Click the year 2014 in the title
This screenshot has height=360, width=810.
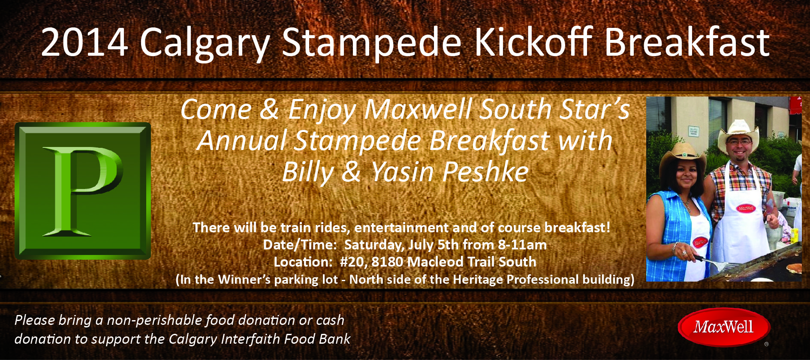84,42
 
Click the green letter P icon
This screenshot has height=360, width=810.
83,191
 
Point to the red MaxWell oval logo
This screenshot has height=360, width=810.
724,327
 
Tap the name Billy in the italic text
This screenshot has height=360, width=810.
307,172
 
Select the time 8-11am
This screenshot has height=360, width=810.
522,245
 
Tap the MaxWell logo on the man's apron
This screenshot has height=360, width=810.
746,208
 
